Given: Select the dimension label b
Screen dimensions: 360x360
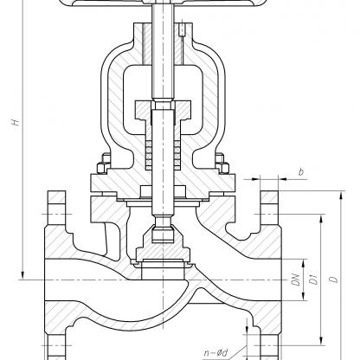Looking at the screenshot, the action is click(301, 172).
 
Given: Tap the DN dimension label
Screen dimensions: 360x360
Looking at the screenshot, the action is click(297, 280).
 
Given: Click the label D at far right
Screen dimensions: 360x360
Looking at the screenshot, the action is click(334, 280).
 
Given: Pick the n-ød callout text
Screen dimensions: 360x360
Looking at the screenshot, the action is click(216, 352).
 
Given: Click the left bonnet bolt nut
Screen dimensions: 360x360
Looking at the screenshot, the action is click(102, 168).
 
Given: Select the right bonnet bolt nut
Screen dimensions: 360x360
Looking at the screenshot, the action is click(224, 168).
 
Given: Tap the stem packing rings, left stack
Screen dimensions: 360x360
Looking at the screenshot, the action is click(149, 155).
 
